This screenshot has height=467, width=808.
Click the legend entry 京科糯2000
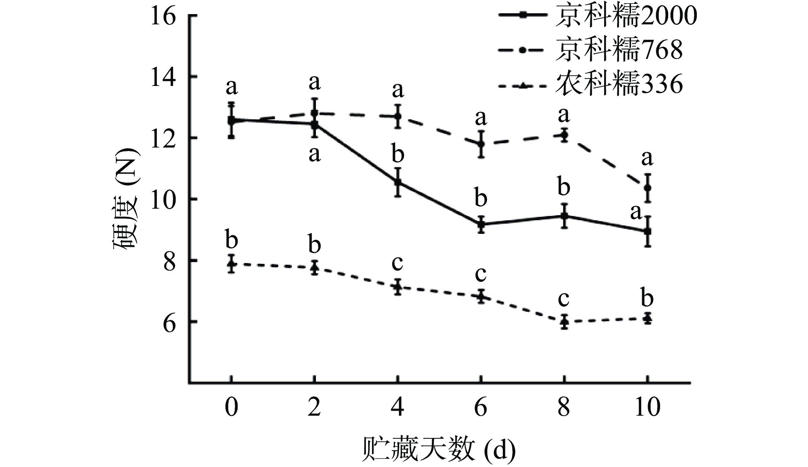(x=598, y=16)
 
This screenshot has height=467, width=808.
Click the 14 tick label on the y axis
(x=163, y=77)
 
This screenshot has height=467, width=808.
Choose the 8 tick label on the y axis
(x=169, y=260)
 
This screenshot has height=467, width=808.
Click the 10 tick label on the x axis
(x=647, y=407)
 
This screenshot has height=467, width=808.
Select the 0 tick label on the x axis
(x=231, y=407)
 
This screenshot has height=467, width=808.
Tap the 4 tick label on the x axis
(x=398, y=407)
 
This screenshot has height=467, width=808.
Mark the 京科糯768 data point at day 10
(x=648, y=188)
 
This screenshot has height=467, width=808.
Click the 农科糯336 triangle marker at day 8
(x=564, y=322)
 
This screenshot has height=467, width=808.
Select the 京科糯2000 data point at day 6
(x=481, y=224)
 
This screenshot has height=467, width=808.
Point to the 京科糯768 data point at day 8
(x=564, y=135)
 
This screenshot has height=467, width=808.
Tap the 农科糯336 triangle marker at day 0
(x=231, y=264)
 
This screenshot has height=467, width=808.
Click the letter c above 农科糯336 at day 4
(x=398, y=263)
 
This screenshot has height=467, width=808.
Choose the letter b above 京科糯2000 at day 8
(x=564, y=187)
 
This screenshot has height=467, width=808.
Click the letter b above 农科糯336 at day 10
(x=647, y=298)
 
